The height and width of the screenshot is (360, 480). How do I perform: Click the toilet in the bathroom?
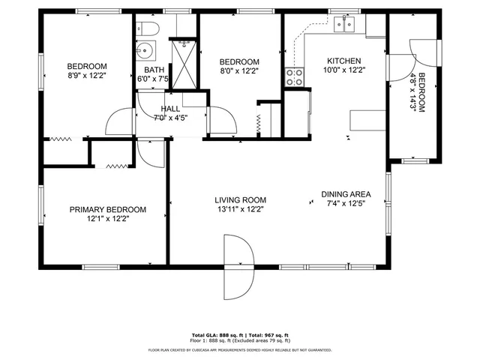click(148, 30)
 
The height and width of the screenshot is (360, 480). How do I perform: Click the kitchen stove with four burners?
click(294, 76)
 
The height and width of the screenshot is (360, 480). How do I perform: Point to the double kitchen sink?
click(345, 26)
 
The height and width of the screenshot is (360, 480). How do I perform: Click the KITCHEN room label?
click(344, 61)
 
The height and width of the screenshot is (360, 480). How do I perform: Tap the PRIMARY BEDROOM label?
click(108, 210)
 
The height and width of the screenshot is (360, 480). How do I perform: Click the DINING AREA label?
click(346, 193)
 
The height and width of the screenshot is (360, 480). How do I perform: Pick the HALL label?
click(170, 108)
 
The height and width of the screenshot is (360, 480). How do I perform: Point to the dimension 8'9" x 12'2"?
click(87, 75)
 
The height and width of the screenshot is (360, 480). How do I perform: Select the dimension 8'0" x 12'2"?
click(238, 71)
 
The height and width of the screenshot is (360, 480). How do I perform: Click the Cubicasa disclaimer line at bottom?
click(239, 349)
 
